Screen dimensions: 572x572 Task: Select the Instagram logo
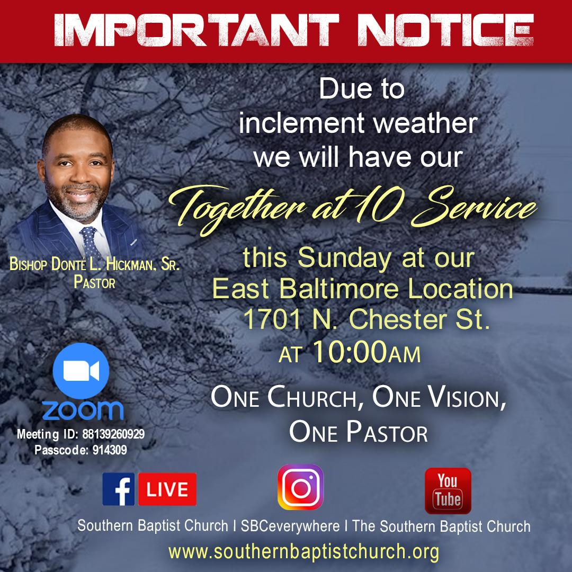[300, 487]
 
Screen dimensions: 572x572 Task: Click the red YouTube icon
[448, 490]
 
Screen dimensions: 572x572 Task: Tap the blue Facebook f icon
[119, 489]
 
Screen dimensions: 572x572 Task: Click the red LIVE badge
[167, 489]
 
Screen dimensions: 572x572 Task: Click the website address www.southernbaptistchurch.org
[304, 551]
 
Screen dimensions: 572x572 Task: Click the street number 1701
[267, 318]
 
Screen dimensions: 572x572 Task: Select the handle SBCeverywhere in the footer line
[290, 526]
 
